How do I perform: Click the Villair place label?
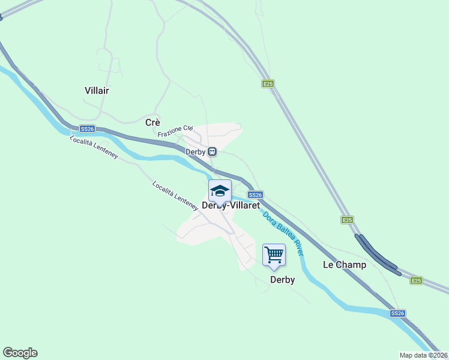97,91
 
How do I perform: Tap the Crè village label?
152,122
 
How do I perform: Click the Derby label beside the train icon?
195,152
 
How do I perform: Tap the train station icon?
212,152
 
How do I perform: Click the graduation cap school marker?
220,191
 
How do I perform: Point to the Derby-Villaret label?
231,205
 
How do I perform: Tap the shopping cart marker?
274,254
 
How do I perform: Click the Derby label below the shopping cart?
282,280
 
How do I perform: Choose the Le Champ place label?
345,265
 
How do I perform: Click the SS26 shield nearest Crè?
87,129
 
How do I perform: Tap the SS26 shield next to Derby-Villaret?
255,195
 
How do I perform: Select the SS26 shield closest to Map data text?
397,313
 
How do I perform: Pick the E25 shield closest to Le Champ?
348,220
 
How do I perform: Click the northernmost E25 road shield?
268,84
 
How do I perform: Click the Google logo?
20,353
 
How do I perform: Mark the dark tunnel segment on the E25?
378,256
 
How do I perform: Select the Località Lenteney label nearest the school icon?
175,196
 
